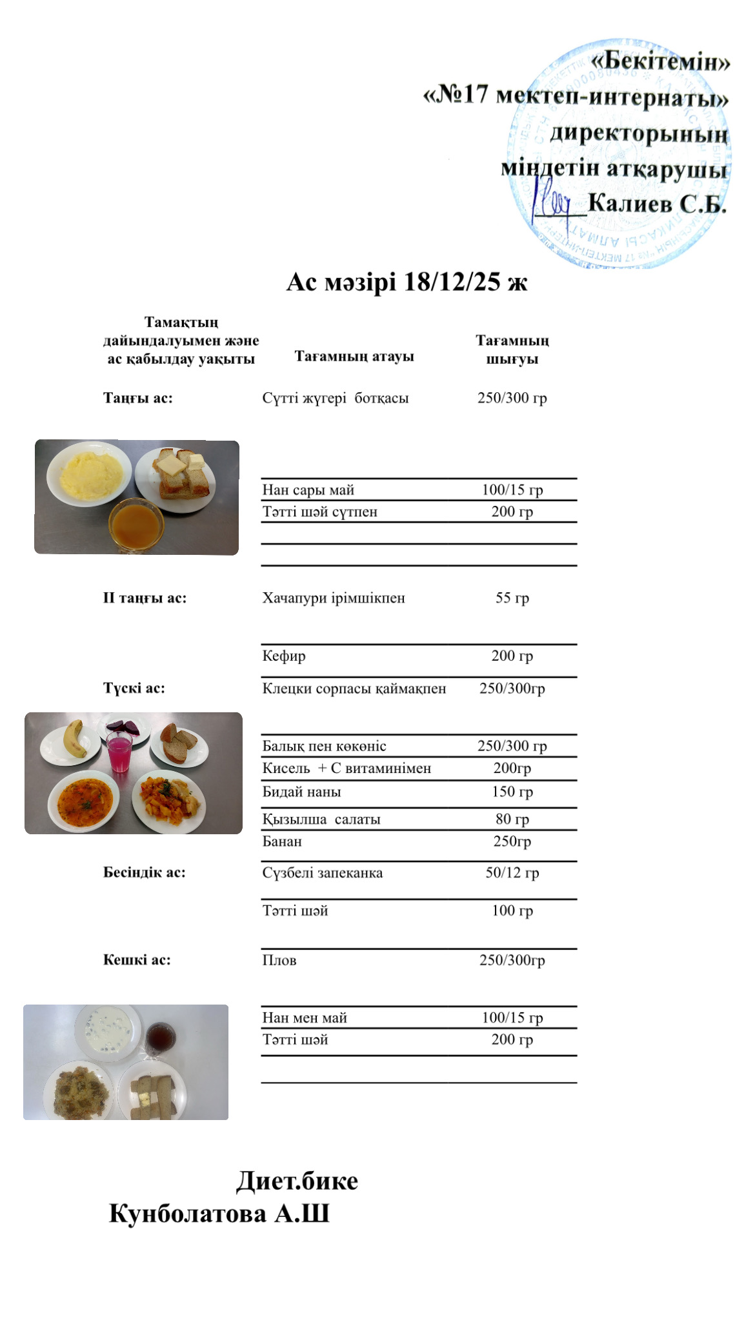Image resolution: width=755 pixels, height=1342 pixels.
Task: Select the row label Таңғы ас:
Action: tap(138, 398)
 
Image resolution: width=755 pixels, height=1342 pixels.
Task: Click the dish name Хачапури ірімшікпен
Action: tap(334, 598)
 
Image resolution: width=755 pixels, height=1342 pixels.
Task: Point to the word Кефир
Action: tap(284, 656)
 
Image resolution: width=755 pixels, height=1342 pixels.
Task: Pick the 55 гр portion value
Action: tap(512, 598)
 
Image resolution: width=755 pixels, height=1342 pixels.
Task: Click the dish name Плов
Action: tap(279, 960)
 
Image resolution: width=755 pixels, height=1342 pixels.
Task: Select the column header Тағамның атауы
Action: tap(354, 356)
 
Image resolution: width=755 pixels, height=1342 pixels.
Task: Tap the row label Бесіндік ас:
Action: tap(145, 872)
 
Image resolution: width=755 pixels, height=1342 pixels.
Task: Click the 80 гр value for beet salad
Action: tap(512, 819)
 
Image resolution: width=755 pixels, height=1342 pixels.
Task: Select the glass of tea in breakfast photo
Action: tap(136, 524)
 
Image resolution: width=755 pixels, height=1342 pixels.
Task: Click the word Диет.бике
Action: tap(297, 1181)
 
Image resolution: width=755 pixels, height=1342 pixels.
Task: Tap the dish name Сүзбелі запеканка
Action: tap(323, 873)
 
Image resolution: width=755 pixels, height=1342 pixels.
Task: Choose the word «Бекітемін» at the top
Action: tap(661, 63)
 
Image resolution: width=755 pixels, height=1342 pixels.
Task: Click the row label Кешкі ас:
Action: tap(137, 960)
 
